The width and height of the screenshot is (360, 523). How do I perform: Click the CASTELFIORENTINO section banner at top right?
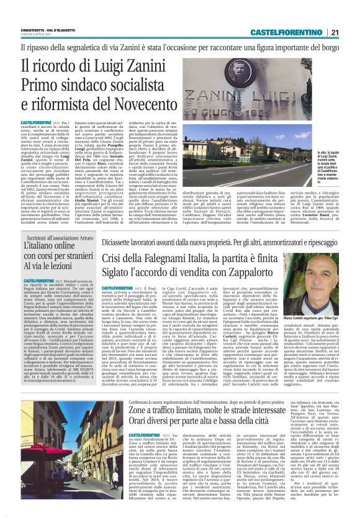click(286, 32)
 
